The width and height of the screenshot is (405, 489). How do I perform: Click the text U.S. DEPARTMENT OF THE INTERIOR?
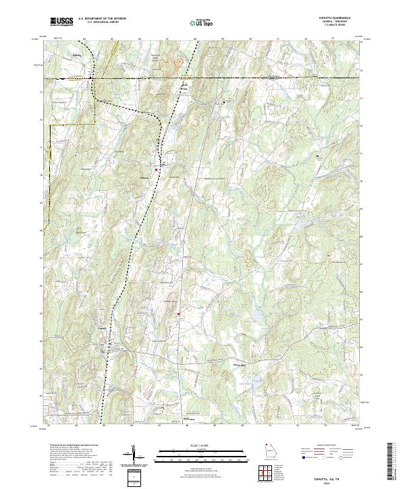coord(102,19)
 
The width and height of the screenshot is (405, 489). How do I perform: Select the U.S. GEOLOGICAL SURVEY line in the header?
coord(102,23)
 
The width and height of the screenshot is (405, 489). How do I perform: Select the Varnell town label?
coord(103,339)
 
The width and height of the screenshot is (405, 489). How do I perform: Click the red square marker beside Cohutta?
coord(157,169)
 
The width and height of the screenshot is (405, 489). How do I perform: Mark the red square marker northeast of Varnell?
coord(179,314)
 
